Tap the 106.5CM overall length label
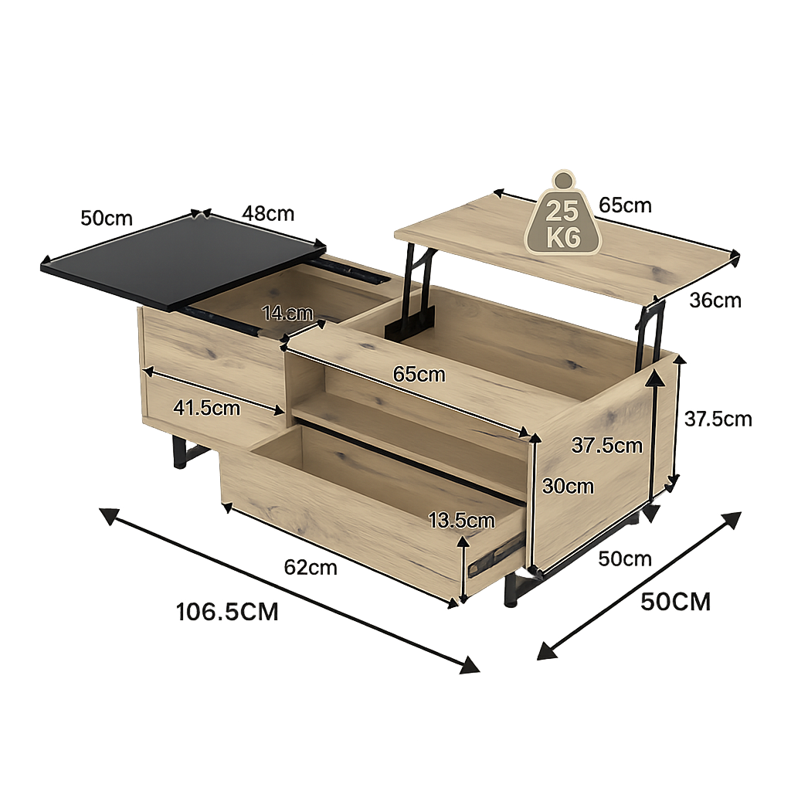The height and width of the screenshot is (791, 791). point(227,612)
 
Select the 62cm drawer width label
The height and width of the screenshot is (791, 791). point(311,568)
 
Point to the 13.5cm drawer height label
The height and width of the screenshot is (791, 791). point(461,520)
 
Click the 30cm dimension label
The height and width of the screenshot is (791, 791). point(568,486)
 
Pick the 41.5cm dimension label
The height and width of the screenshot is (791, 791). point(206,408)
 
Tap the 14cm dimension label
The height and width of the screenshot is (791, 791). point(287,313)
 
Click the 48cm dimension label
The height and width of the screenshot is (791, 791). point(267,213)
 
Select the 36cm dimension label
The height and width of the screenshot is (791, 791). point(715,300)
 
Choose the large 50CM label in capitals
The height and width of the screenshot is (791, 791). point(675,602)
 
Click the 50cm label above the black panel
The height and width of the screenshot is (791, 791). point(107,218)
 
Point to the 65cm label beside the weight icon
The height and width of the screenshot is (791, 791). point(625,205)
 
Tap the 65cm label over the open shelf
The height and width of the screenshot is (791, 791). point(419,374)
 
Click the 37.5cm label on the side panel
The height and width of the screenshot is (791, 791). point(606,445)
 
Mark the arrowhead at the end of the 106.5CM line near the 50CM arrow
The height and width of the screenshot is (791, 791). point(469,664)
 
